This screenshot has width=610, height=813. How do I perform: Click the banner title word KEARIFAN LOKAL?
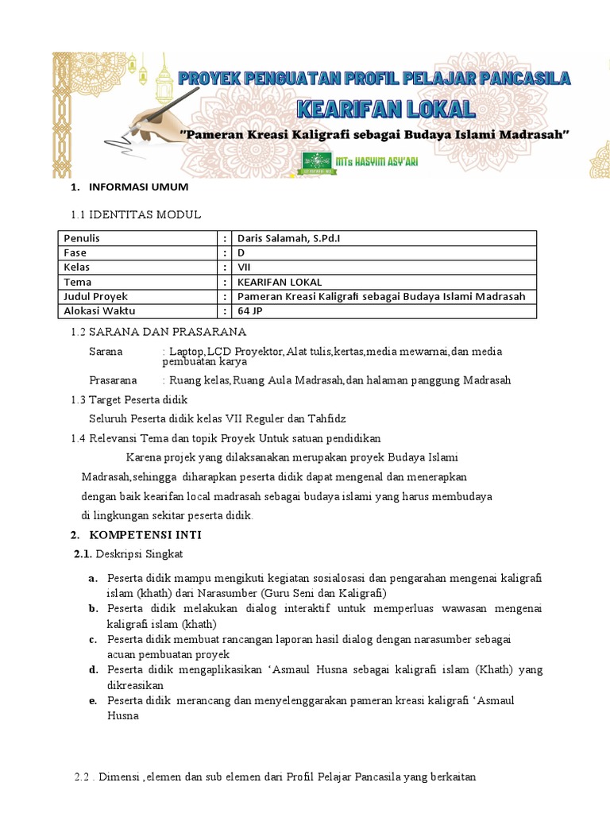pos(387,109)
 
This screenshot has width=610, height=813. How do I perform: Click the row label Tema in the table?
pos(78,282)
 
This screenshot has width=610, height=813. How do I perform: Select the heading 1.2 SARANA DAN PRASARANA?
pos(159,331)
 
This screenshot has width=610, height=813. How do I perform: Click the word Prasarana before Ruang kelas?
pos(113,380)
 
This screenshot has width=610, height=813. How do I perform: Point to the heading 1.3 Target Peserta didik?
pos(129,399)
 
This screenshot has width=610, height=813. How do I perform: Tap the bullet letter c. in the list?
pos(93,639)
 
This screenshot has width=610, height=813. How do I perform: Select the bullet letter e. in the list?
pos(93,700)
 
